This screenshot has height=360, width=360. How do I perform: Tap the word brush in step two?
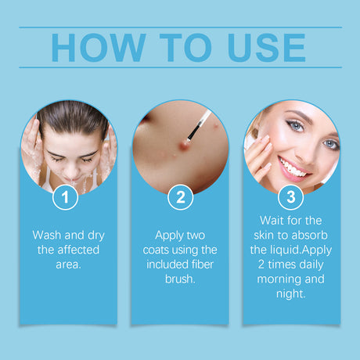tap(179, 279)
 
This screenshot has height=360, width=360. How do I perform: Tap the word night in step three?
tap(290, 294)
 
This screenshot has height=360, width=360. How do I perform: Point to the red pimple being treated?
tap(185, 143)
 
